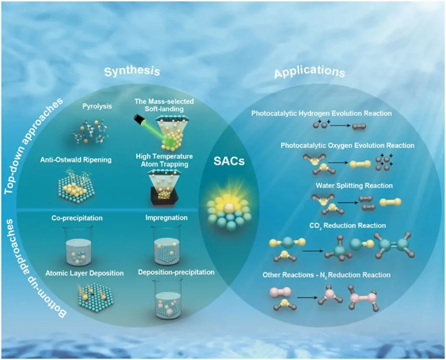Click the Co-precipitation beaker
(x=78, y=247)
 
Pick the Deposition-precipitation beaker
(x=168, y=300)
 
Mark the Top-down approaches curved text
(x=35, y=144)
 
